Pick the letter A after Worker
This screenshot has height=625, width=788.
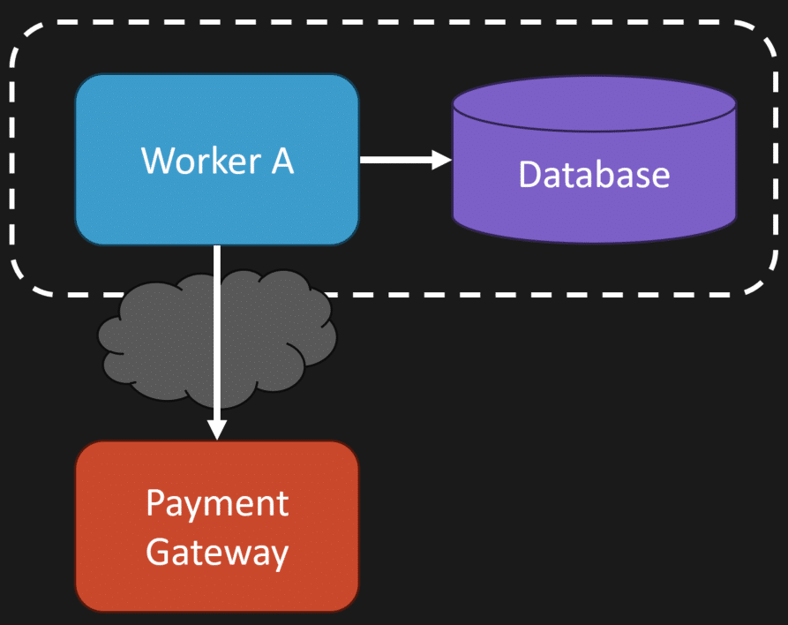281,161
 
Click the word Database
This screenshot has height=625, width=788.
594,174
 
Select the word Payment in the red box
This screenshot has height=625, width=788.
217,504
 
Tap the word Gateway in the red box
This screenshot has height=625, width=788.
217,553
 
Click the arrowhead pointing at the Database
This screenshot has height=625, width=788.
442,160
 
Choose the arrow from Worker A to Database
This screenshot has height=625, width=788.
397,160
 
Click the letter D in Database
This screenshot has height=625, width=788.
529,174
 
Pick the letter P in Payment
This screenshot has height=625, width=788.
155,503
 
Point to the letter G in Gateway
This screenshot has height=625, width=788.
158,552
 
